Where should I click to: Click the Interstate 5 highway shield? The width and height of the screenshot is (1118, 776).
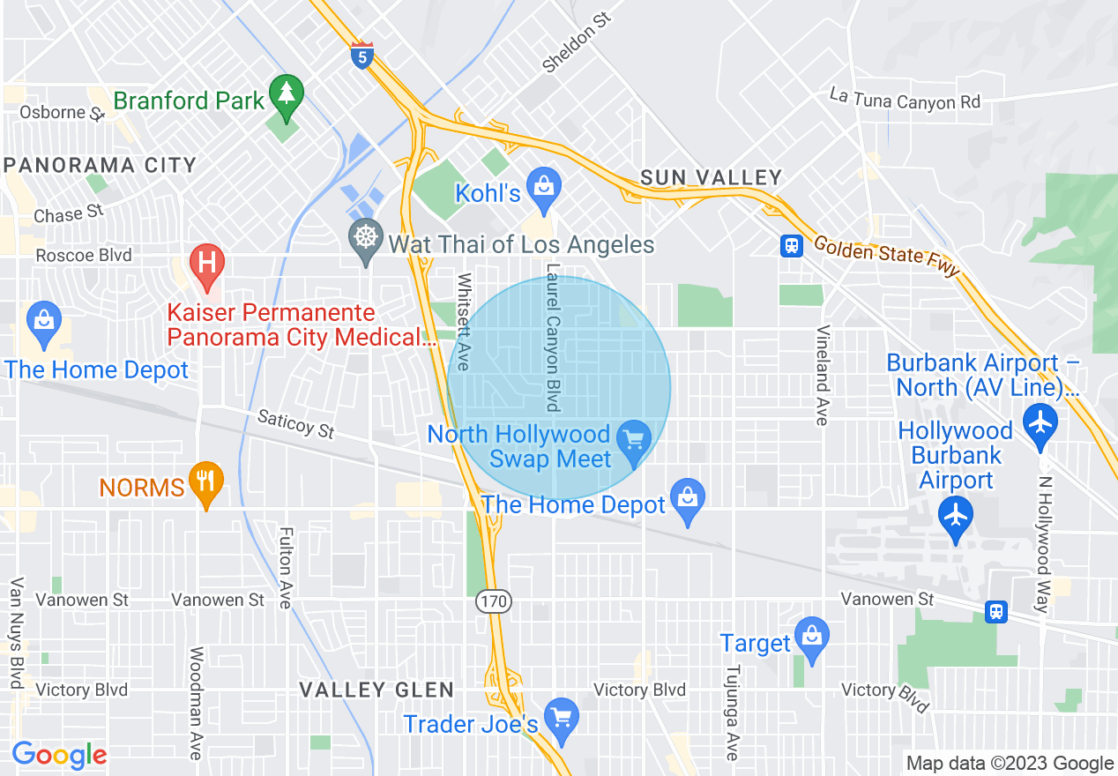pos(361,56)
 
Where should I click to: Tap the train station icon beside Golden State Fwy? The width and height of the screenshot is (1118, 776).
pos(792,246)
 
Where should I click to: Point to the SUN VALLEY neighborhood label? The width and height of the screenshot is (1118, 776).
pos(711,178)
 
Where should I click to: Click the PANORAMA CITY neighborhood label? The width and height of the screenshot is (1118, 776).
pos(100,165)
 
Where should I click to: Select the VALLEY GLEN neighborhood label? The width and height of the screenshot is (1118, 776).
pos(376,690)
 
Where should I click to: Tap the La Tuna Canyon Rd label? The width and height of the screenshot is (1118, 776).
pos(905,98)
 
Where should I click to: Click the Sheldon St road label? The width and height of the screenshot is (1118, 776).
pos(576,42)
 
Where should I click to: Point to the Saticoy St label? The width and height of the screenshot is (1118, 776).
pos(296,424)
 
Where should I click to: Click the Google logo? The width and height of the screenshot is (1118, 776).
pos(59,755)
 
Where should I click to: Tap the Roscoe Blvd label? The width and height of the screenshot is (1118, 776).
pos(84,256)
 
